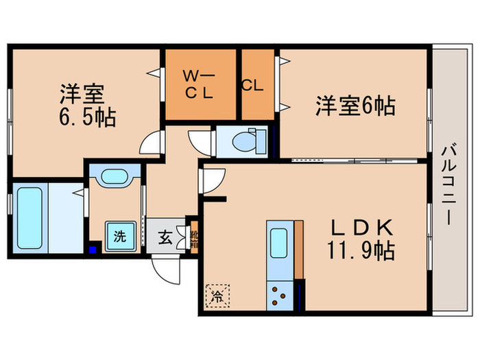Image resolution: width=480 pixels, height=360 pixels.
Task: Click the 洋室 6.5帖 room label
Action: pos(86,104)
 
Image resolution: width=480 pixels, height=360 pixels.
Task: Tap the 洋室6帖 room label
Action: pos(355,106)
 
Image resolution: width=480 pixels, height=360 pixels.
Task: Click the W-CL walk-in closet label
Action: pos(200,83)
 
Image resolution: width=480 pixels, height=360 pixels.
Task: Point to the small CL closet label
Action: pos(252,86)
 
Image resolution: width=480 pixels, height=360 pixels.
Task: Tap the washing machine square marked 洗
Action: pos(119,237)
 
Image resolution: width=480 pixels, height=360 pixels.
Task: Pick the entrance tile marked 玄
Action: pos(165,238)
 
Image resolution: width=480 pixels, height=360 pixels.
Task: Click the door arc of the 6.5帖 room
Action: pos(150,144)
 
